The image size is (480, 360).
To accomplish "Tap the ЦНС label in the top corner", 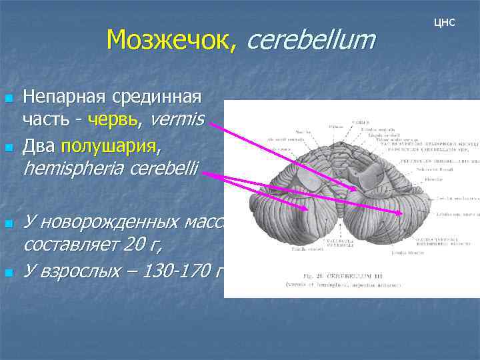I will point(444,23).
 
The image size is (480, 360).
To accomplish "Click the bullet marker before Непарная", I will point(9,99).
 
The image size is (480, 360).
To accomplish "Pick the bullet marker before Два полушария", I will point(9,145).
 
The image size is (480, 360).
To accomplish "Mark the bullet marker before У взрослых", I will point(9,271).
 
